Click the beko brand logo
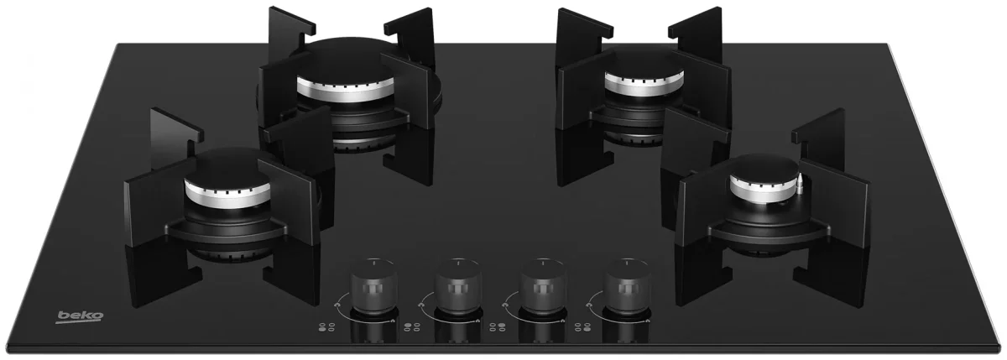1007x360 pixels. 80,317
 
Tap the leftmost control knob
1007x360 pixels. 373,286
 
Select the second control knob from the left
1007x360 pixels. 458,286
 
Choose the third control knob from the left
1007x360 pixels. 543,286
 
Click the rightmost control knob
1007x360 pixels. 628,286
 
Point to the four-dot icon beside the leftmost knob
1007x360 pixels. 326,327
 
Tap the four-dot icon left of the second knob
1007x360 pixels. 412,327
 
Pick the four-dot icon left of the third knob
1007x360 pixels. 497,327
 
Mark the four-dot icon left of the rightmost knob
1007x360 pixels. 582,327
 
